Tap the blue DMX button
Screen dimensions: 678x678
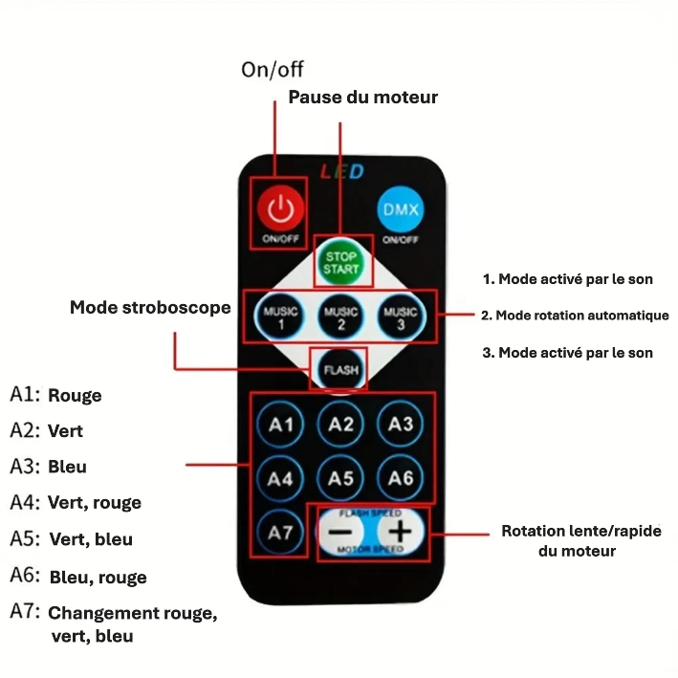coord(401,209)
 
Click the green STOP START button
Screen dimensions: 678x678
coord(341,262)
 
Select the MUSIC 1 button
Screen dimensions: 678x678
coord(280,317)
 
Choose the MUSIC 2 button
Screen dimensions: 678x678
coord(340,317)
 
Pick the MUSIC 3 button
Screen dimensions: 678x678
coord(401,317)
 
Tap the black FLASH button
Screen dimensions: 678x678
coord(341,370)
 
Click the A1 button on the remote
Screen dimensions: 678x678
coord(280,425)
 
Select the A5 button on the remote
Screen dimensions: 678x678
coord(340,478)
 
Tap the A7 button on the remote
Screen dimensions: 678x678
coord(280,533)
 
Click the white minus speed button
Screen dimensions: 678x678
coord(340,532)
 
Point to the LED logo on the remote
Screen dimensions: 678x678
coord(342,172)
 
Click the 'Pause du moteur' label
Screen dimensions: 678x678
coord(362,98)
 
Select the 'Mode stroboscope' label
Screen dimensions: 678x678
coord(150,308)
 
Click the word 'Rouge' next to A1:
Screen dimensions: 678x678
coord(75,395)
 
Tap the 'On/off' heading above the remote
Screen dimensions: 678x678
coord(273,70)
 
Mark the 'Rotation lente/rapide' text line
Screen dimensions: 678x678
coord(581,531)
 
